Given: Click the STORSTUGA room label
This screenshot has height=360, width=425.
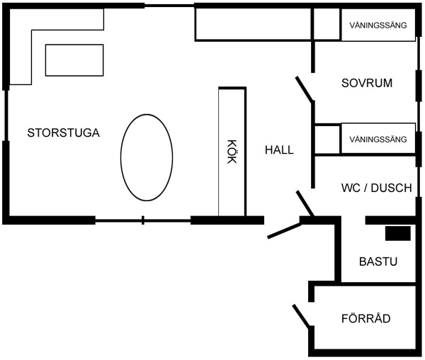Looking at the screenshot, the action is (x=64, y=133).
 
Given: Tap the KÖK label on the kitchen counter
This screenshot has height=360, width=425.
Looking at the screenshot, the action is (x=232, y=152).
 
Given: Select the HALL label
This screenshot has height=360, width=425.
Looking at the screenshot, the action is (x=279, y=150).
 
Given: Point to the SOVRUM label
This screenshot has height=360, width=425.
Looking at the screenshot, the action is (x=367, y=83).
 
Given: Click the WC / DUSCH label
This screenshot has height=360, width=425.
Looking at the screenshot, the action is (x=377, y=188).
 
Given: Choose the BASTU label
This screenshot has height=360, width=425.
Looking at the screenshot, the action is (x=378, y=261).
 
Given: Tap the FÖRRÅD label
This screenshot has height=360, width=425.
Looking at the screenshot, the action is (x=366, y=317).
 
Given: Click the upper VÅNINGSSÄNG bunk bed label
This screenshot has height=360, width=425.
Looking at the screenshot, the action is (x=378, y=26).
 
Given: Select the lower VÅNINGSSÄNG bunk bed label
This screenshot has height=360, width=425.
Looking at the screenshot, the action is (x=378, y=140).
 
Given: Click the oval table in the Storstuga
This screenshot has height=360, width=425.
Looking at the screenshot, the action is (x=147, y=157).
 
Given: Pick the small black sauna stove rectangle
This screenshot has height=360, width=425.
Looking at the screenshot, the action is (x=398, y=233).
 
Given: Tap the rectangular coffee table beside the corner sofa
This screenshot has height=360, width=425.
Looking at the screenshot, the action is (x=74, y=60).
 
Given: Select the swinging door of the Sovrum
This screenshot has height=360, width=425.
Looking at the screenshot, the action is (x=305, y=89).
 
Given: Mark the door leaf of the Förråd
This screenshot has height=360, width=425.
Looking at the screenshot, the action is (x=302, y=315).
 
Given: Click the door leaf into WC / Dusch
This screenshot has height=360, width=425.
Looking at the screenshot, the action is (x=305, y=203).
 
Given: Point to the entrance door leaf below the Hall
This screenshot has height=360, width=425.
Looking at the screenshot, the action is (x=284, y=231).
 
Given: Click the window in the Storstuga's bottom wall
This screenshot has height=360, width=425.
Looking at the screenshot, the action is (x=143, y=220).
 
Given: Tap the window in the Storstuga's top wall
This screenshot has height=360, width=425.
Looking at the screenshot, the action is (x=169, y=6).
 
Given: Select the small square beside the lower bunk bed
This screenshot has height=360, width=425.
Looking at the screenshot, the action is (x=327, y=140).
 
